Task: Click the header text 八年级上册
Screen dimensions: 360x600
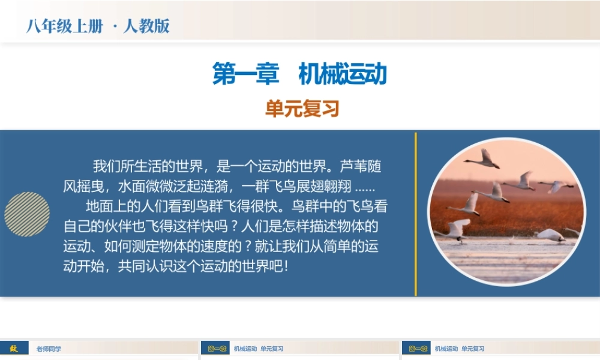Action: [x=65, y=26]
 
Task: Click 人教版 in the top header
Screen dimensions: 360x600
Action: [x=146, y=26]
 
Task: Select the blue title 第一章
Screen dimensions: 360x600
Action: [x=246, y=74]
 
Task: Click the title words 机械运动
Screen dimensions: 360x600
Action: [x=343, y=74]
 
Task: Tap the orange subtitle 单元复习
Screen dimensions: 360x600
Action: [x=302, y=109]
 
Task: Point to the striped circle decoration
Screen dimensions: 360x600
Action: [x=27, y=214]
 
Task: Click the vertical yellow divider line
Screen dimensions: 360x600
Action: [x=415, y=214]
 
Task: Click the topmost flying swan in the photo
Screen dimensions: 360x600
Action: [x=484, y=159]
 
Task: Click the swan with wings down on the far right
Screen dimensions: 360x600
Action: [x=556, y=187]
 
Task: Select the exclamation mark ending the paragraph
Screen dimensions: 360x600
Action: [x=287, y=266]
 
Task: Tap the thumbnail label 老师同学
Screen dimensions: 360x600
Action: [x=48, y=349]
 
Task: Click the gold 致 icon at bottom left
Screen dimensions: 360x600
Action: [x=14, y=349]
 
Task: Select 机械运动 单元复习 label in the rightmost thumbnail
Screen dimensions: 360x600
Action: [x=459, y=349]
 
